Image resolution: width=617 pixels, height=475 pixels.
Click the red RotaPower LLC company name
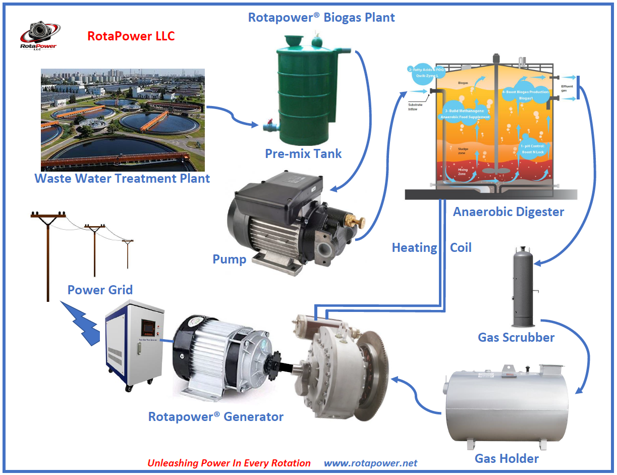click(x=131, y=36)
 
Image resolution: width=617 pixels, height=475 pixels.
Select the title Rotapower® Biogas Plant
click(x=321, y=17)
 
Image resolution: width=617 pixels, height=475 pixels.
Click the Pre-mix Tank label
click(x=303, y=153)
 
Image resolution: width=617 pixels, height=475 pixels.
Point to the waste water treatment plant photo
click(x=123, y=120)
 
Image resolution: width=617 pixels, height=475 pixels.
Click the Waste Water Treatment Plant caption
click(x=122, y=178)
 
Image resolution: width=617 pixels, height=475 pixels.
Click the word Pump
click(x=229, y=259)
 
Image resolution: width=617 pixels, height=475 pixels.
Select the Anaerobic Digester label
click(x=508, y=212)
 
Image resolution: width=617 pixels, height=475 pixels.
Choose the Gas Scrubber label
click(x=516, y=337)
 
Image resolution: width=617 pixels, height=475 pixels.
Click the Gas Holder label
click(x=507, y=458)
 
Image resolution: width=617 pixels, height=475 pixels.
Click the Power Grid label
click(x=100, y=290)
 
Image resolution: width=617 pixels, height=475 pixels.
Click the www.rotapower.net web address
click(x=370, y=463)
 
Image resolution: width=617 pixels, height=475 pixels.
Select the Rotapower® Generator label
click(x=215, y=417)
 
